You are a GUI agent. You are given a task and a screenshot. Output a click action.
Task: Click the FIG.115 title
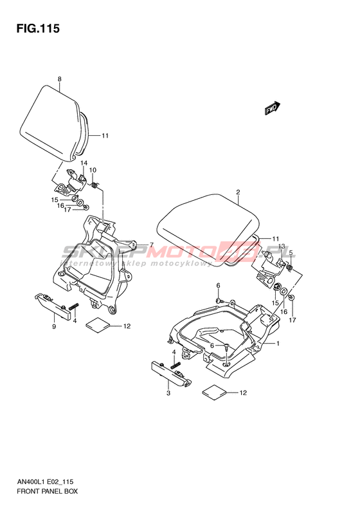tap(38, 28)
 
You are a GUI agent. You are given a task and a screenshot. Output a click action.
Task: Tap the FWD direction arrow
tap(273, 108)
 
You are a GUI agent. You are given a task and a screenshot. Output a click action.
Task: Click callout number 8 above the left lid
tap(59, 79)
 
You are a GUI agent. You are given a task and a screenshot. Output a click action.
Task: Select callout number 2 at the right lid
tap(238, 192)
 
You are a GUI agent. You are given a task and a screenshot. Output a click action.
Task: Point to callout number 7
tap(151, 245)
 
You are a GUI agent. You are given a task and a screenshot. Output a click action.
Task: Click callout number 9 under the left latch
tap(54, 326)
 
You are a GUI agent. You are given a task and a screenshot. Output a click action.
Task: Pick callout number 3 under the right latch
tap(168, 393)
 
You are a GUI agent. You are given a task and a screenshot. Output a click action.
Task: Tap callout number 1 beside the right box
tap(278, 344)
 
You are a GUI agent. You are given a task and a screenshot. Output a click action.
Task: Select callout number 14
tap(84, 163)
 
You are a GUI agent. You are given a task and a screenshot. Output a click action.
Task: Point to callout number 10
tap(93, 170)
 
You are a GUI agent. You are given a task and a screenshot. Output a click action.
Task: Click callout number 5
tap(291, 252)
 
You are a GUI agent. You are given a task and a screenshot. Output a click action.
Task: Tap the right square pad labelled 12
tap(214, 392)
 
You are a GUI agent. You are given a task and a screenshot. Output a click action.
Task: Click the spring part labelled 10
tap(94, 185)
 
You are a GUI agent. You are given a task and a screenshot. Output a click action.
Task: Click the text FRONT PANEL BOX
tap(48, 491)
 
